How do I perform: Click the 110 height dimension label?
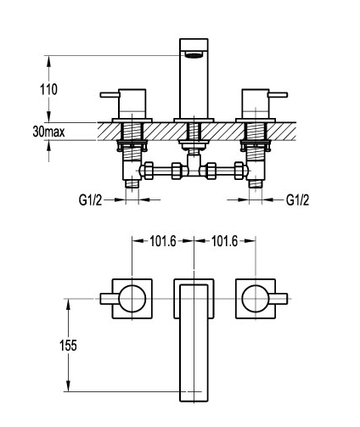click(48, 89)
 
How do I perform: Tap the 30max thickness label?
click(48, 132)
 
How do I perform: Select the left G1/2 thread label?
click(90, 200)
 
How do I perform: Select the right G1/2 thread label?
click(297, 200)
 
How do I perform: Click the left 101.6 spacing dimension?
click(163, 241)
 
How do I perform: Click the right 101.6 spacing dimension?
click(225, 241)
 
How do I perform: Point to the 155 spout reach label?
click(68, 346)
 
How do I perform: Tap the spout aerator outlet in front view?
click(194, 54)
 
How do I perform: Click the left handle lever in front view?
click(110, 94)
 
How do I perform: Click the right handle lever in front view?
click(278, 94)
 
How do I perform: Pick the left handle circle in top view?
click(132, 299)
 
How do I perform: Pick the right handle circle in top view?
click(256, 299)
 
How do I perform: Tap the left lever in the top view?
click(110, 299)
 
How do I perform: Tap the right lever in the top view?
click(278, 299)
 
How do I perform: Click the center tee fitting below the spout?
click(194, 166)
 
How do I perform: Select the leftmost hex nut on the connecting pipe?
click(148, 171)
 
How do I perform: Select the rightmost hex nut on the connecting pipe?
click(239, 171)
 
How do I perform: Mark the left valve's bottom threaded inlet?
click(132, 184)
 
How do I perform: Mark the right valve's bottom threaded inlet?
click(256, 184)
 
